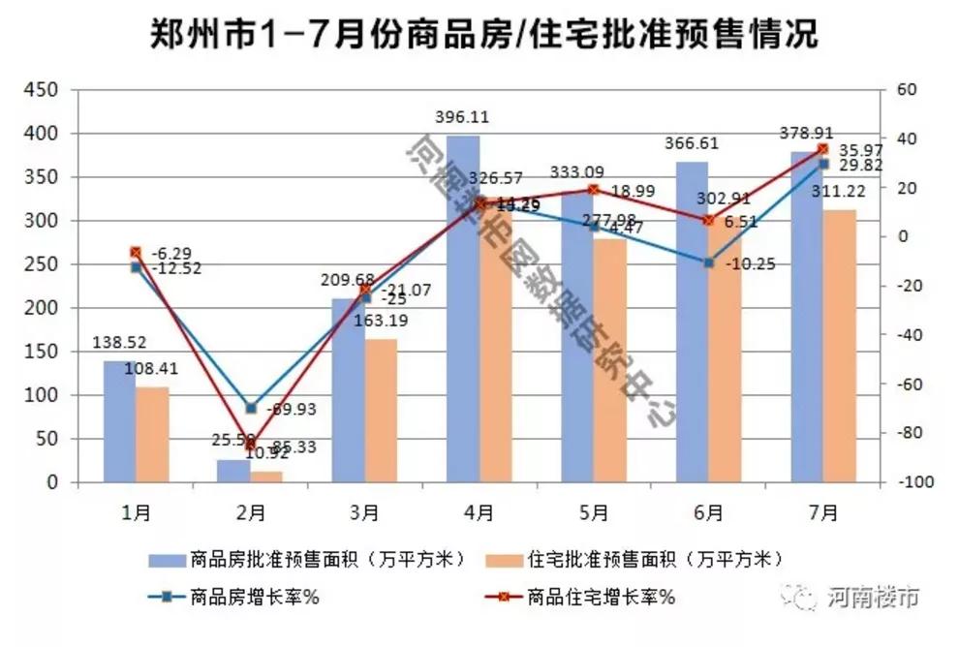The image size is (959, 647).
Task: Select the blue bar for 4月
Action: (462, 310)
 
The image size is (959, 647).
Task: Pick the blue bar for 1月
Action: (119, 421)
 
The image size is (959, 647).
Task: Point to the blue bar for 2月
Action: (233, 471)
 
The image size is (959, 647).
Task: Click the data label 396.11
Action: (462, 117)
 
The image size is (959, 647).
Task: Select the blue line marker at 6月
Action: (708, 262)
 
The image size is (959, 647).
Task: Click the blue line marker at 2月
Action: (251, 409)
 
